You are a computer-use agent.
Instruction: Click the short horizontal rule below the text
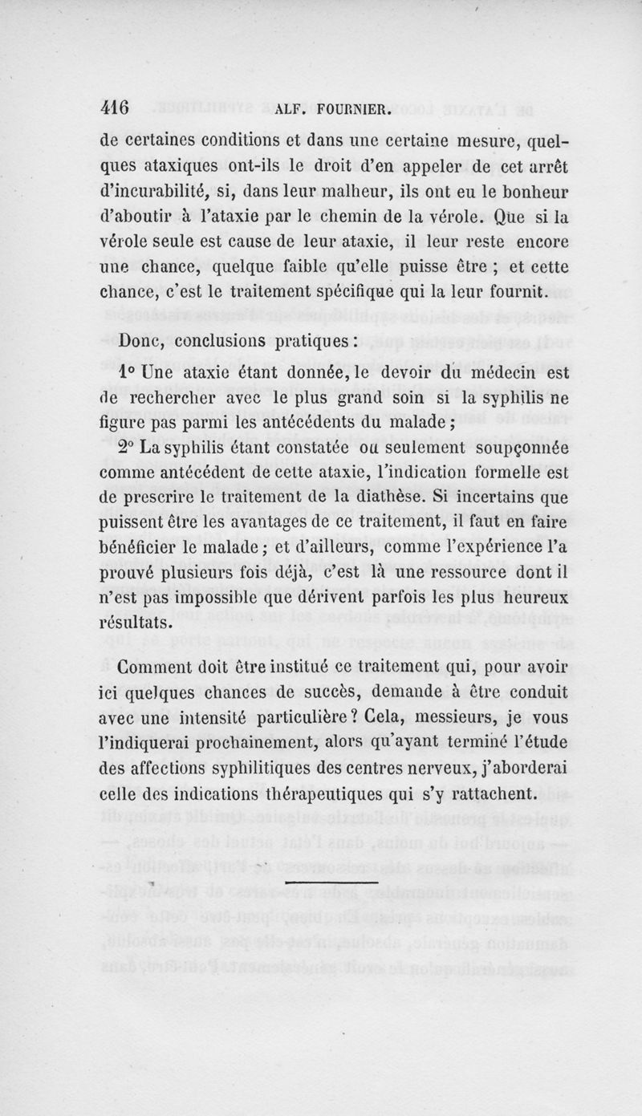click(x=331, y=882)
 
